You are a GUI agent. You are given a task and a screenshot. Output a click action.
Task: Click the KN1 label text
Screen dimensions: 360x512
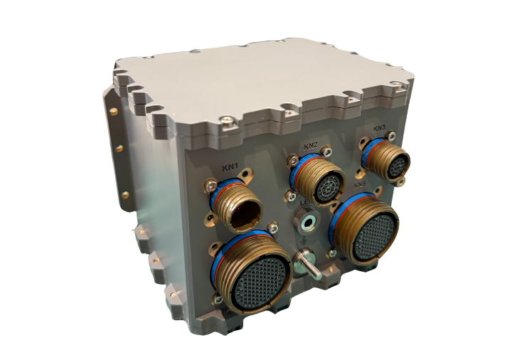tap(230, 168)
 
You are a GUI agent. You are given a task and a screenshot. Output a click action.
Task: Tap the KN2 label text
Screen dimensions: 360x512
tap(310, 146)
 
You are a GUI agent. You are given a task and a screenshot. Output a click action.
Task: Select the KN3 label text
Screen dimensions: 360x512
tap(380, 128)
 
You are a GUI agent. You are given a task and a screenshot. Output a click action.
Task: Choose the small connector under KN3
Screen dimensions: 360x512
tap(388, 160)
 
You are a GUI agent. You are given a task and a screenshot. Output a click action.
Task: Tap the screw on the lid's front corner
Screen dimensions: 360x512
tap(225, 122)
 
